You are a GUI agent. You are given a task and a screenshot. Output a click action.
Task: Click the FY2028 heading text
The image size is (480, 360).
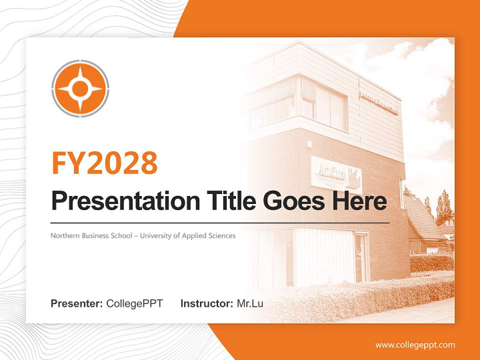[104, 163]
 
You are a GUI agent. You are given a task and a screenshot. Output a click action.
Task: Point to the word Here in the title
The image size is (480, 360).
[361, 201]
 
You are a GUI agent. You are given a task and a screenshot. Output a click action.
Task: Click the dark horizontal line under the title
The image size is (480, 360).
[220, 222]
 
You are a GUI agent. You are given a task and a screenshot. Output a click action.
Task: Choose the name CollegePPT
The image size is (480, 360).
[134, 303]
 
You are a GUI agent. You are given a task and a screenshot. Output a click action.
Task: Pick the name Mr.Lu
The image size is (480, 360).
[250, 303]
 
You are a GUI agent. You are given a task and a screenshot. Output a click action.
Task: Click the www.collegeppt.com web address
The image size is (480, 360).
[415, 344]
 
